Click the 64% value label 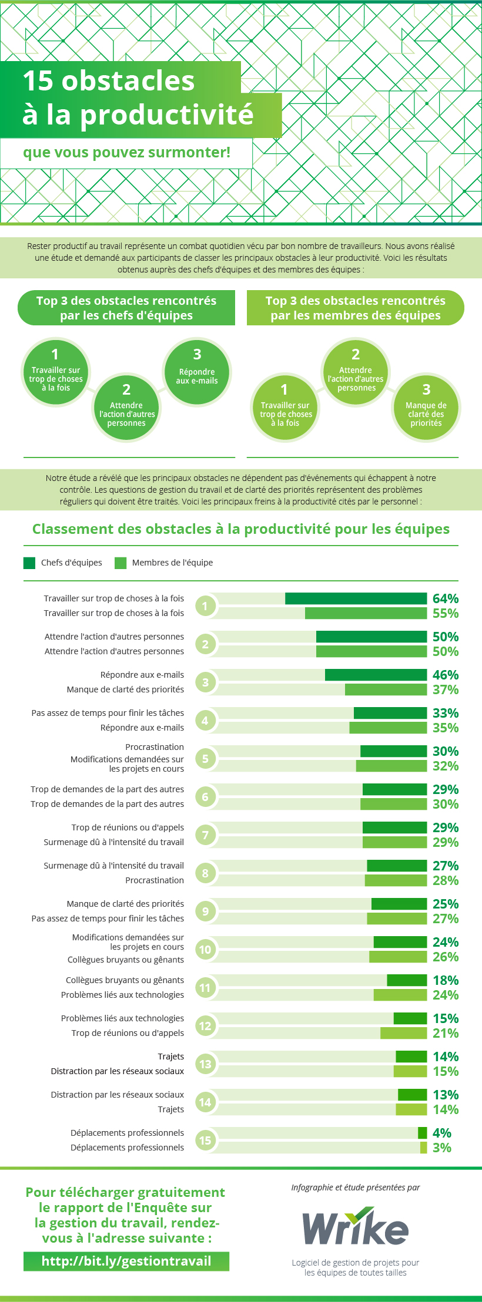(x=445, y=598)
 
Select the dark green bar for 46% (x=376, y=675)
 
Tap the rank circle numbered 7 (x=205, y=835)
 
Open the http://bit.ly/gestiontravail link (x=126, y=1261)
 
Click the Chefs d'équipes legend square (x=29, y=563)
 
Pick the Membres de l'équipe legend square (x=120, y=563)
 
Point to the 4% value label (x=441, y=1133)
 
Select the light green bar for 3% (x=424, y=1148)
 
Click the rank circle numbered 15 (x=205, y=1140)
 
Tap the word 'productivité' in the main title (x=167, y=115)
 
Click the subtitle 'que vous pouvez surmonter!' (x=126, y=153)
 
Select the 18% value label (x=445, y=980)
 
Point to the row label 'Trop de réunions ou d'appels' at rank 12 (x=128, y=1033)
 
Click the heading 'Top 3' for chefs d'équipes (x=126, y=308)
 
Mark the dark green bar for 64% (x=356, y=598)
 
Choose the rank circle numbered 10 (x=205, y=950)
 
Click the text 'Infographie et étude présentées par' (x=356, y=1187)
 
